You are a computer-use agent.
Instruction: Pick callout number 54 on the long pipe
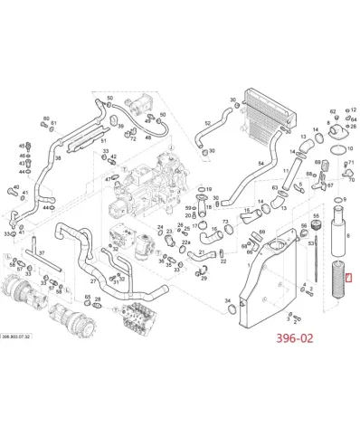pos(261,162)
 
